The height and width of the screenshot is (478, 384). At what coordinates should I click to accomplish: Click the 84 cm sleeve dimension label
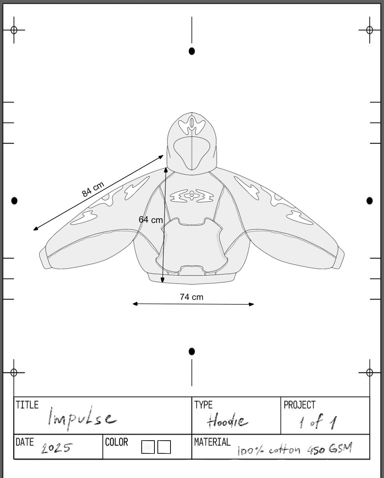(x=93, y=189)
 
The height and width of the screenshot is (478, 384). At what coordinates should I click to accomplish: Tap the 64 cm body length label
(x=151, y=220)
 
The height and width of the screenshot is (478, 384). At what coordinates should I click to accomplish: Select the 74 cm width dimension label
(x=191, y=297)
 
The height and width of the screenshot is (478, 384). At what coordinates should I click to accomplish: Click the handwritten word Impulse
(x=82, y=418)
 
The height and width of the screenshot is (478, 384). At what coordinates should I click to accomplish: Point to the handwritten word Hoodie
(x=227, y=420)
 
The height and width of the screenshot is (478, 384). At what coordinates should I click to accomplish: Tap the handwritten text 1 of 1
(x=318, y=421)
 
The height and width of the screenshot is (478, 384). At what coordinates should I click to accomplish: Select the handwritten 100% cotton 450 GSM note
(x=295, y=448)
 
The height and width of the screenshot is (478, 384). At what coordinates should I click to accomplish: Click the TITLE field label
(x=27, y=405)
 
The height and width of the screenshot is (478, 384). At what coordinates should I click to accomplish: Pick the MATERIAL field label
(x=212, y=442)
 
